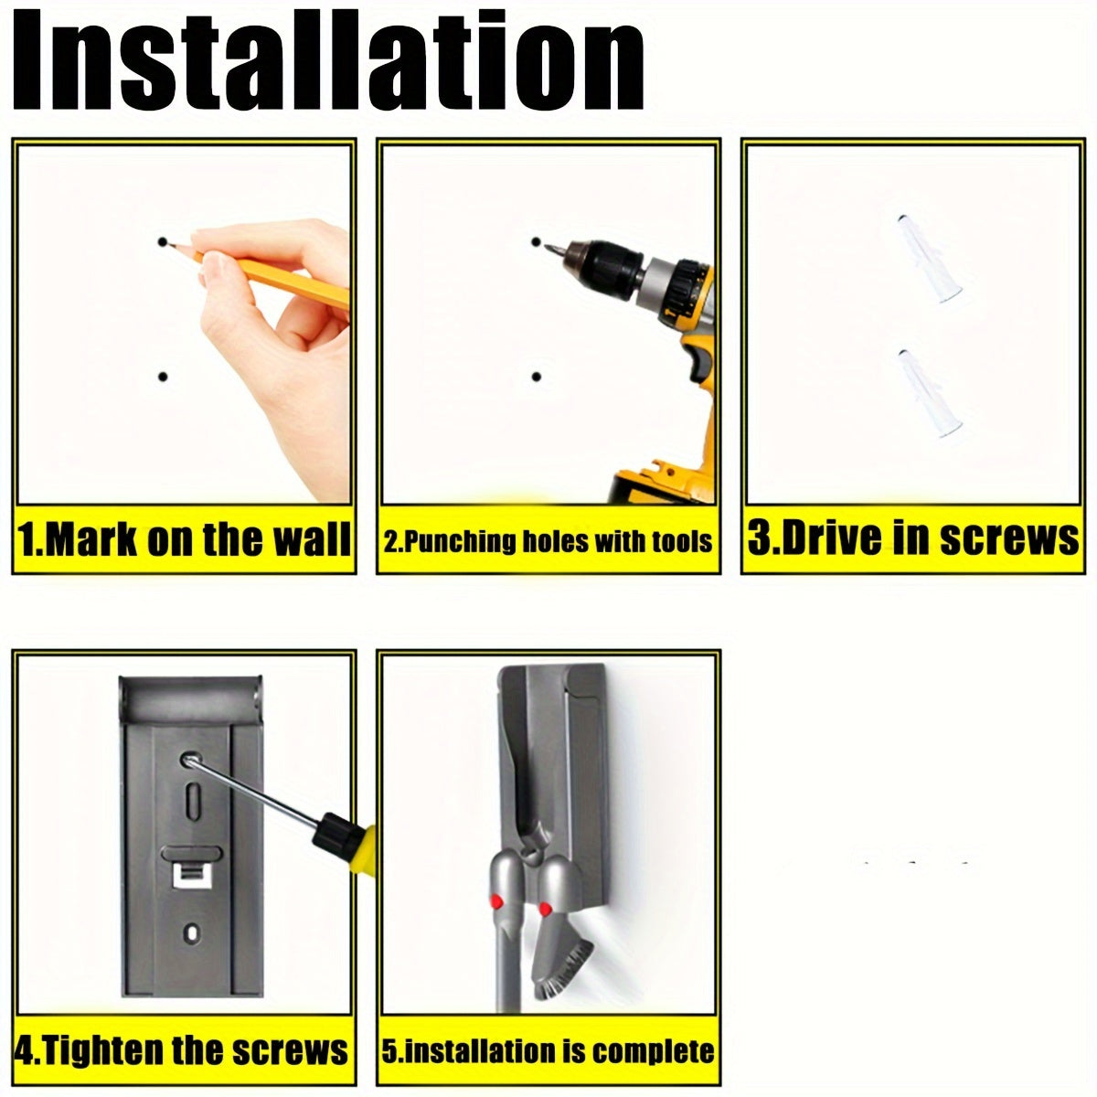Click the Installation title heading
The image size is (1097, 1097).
pos(329,60)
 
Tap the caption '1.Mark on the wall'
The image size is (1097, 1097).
pos(184,539)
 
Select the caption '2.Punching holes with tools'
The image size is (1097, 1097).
pos(548,540)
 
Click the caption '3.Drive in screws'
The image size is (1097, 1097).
pos(912,539)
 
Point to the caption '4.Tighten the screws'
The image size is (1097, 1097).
pos(184,1050)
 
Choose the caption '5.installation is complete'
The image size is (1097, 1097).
pos(548,1051)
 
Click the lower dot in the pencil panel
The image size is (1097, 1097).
pos(163,377)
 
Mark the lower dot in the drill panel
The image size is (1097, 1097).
pos(537,377)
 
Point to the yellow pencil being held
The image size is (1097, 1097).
pos(274,274)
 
